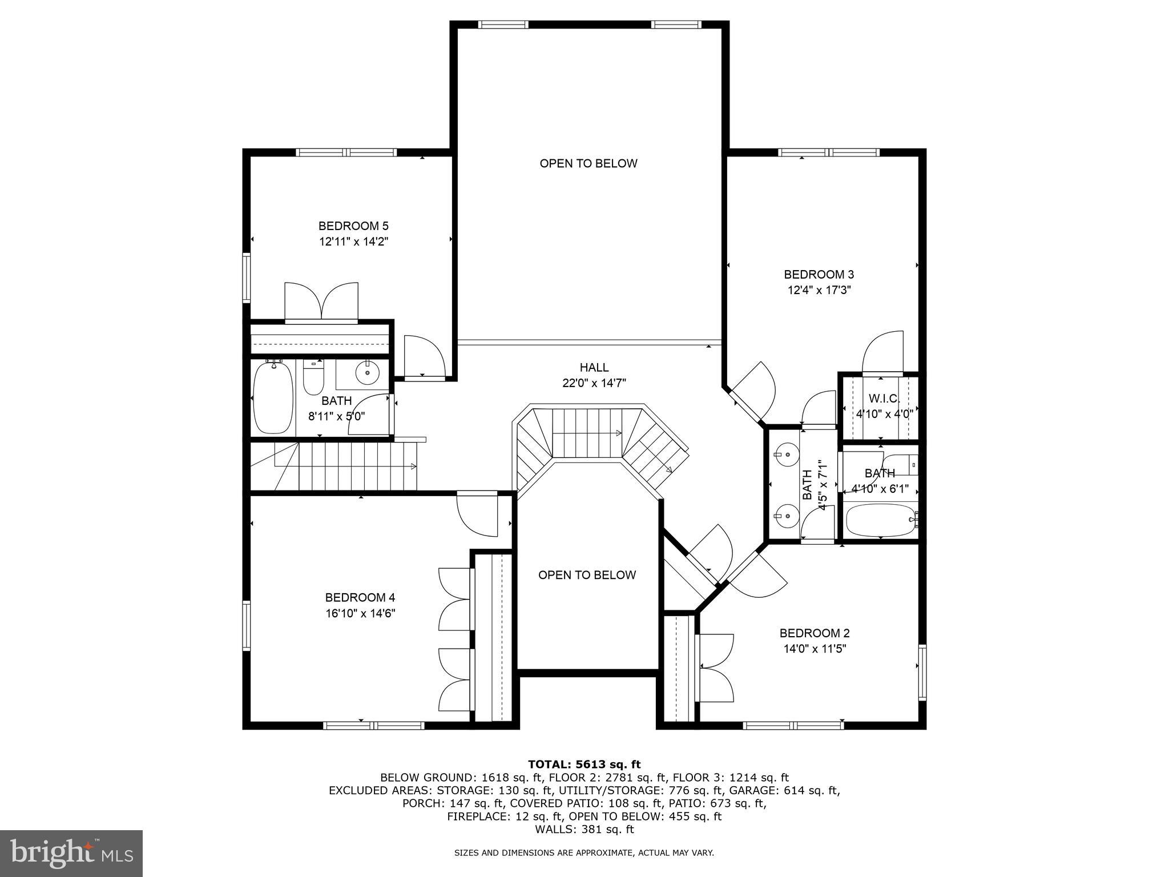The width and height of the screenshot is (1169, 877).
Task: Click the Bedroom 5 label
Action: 353,226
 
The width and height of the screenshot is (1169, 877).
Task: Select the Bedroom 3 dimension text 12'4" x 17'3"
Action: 819,290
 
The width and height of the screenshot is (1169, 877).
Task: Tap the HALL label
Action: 594,368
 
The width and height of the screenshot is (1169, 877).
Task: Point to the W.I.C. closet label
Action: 884,398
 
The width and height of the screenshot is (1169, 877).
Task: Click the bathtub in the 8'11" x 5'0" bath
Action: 273,398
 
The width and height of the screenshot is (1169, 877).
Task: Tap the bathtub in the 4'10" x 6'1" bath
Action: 880,520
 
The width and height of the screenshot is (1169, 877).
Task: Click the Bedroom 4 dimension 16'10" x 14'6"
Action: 360,613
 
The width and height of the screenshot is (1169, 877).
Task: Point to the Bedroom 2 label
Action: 815,633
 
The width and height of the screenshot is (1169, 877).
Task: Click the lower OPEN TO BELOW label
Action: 587,575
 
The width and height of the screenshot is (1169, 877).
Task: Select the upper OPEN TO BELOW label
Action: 588,163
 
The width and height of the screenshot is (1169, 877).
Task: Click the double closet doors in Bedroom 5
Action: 321,301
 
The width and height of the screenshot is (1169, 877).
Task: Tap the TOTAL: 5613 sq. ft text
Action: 584,764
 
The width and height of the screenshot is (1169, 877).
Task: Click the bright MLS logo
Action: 71,854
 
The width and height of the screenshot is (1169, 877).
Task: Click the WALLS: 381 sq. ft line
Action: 584,829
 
